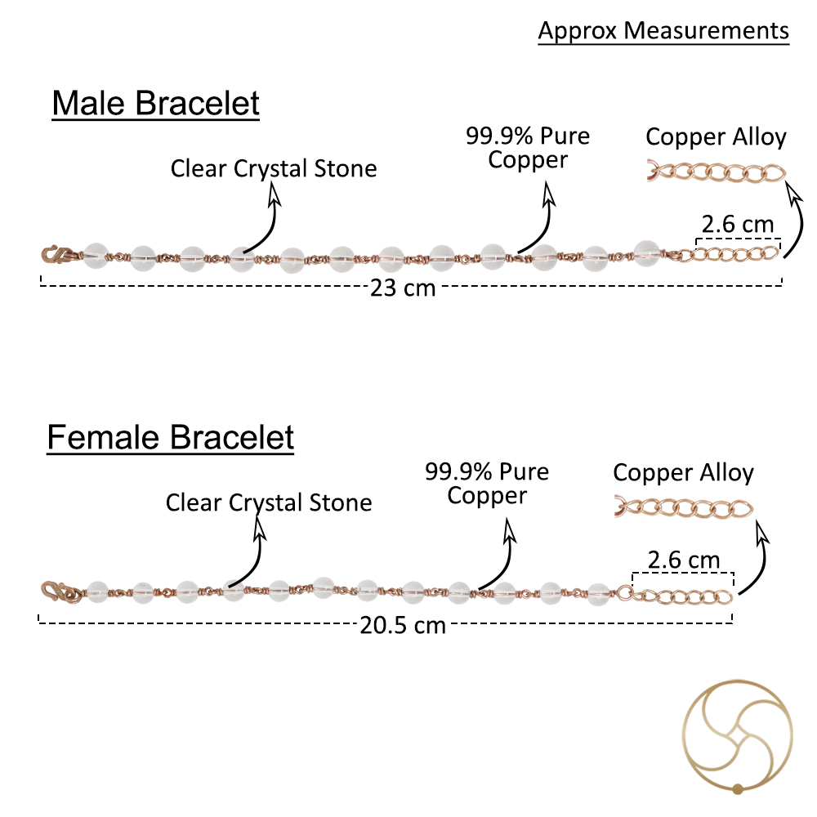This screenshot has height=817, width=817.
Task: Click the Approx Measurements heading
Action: tap(663, 31)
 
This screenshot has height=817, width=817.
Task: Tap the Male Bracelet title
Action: tap(156, 103)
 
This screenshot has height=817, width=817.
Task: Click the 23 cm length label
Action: tap(403, 288)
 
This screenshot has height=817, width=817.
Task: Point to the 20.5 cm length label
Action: tap(403, 625)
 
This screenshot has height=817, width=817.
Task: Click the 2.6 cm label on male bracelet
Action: tap(737, 225)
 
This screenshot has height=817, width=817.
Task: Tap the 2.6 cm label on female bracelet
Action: tap(684, 560)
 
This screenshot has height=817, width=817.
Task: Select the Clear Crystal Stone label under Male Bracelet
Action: tap(274, 169)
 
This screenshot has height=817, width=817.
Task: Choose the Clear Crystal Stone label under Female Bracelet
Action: tap(269, 502)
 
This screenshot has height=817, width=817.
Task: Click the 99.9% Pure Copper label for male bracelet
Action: tap(528, 148)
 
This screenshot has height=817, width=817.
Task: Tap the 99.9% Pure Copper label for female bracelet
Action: tap(487, 484)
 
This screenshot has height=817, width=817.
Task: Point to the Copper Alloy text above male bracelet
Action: tap(716, 137)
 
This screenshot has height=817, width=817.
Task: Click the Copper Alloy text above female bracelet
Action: tap(683, 473)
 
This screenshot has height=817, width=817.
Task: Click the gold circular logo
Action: tap(737, 737)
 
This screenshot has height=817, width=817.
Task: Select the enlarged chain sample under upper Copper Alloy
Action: tap(717, 172)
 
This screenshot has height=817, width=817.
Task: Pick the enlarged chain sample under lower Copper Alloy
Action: tap(684, 507)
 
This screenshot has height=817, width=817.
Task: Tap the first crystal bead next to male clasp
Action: tap(96, 257)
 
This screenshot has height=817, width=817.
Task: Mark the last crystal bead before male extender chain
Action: tap(646, 254)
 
